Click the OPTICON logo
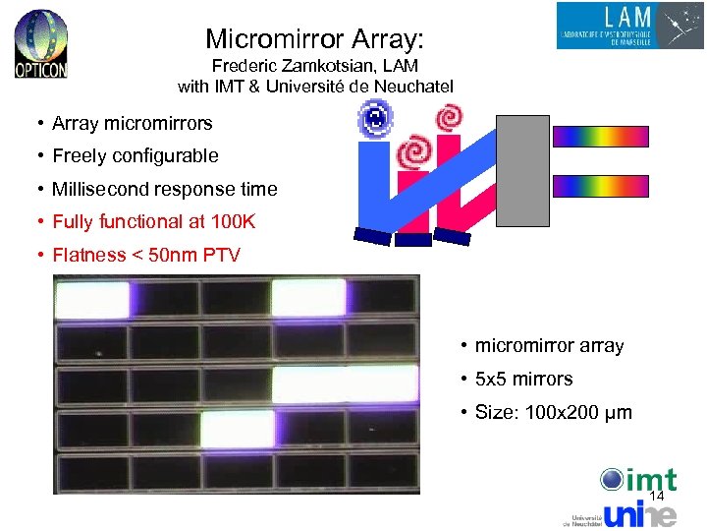pyautogui.click(x=41, y=44)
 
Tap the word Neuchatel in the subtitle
pyautogui.click(x=419, y=87)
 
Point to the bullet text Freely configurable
pyautogui.click(x=136, y=155)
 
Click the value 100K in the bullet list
pyautogui.click(x=233, y=222)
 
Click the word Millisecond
pyautogui.click(x=108, y=189)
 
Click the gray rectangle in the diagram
pyautogui.click(x=522, y=170)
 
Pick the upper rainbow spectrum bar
pyautogui.click(x=600, y=137)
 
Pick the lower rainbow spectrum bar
pyautogui.click(x=600, y=186)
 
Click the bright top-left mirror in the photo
pyautogui.click(x=92, y=298)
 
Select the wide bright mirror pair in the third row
pyautogui.click(x=345, y=385)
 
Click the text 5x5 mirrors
pyautogui.click(x=523, y=380)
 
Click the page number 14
pyautogui.click(x=656, y=497)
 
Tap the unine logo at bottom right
pyautogui.click(x=638, y=513)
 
